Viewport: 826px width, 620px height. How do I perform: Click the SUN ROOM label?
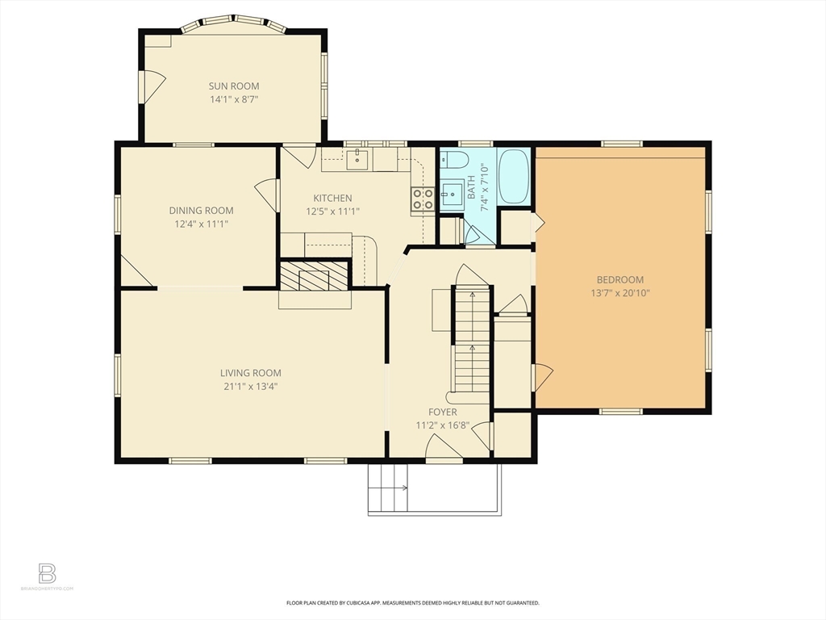coord(234,86)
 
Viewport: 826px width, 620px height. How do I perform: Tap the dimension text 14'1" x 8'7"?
coord(234,99)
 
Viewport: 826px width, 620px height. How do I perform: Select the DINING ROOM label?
coord(201,211)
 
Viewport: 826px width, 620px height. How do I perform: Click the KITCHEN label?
coord(332,198)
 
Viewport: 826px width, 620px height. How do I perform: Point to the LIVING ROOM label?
coord(251,373)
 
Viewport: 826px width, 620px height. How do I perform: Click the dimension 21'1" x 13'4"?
coord(251,386)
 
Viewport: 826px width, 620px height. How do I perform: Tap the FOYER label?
coord(436,413)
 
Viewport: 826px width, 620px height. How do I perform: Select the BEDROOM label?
coord(620,280)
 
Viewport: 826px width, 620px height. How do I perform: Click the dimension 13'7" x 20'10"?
coord(620,293)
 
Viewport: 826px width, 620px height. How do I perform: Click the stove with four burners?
coord(423,199)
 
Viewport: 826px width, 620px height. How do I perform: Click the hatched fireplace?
coord(315,275)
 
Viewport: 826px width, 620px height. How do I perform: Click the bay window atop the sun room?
coord(233,23)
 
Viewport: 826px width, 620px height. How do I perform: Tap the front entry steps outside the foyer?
coord(387,488)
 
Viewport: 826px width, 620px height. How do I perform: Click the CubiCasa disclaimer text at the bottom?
coord(412,602)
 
